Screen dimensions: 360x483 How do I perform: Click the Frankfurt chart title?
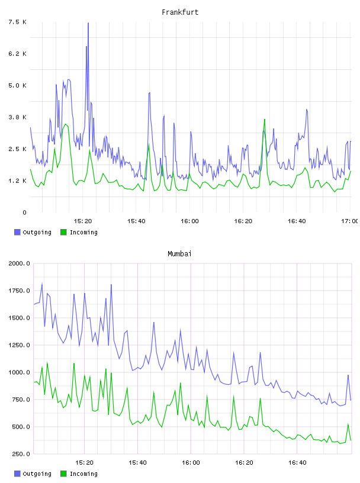pos(180,12)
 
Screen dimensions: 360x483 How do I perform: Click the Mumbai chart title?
pos(179,254)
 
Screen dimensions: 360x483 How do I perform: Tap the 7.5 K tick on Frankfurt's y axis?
pos(18,22)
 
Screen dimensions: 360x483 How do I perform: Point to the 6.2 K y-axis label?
pos(18,54)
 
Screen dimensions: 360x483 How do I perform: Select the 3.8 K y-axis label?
pos(18,117)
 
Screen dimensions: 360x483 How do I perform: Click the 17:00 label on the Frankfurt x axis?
pos(349,221)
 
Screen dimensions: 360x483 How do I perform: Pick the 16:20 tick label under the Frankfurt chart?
pos(243,221)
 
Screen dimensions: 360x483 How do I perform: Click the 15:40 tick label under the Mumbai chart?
pos(137,462)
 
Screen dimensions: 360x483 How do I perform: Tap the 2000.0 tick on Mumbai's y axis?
pos(20,263)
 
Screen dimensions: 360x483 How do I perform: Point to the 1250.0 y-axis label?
pos(20,345)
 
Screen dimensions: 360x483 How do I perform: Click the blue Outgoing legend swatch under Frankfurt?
pos(17,232)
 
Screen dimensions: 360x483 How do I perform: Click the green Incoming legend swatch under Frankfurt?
pos(63,232)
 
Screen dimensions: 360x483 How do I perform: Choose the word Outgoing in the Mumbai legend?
pos(37,474)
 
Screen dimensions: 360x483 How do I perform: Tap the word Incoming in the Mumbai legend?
pos(83,474)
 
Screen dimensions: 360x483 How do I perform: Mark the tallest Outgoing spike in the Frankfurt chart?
pos(88,23)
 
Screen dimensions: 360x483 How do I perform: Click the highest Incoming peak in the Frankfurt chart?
pos(265,120)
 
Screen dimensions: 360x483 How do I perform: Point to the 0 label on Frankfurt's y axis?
pos(25,212)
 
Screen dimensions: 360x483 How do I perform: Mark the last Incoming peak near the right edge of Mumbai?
pos(348,424)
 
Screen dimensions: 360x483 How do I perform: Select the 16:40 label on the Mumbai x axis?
pos(297,462)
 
